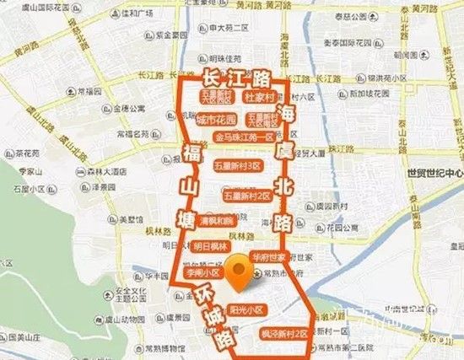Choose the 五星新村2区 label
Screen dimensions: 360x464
pos(246,196)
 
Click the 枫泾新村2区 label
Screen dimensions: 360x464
pos(283,334)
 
